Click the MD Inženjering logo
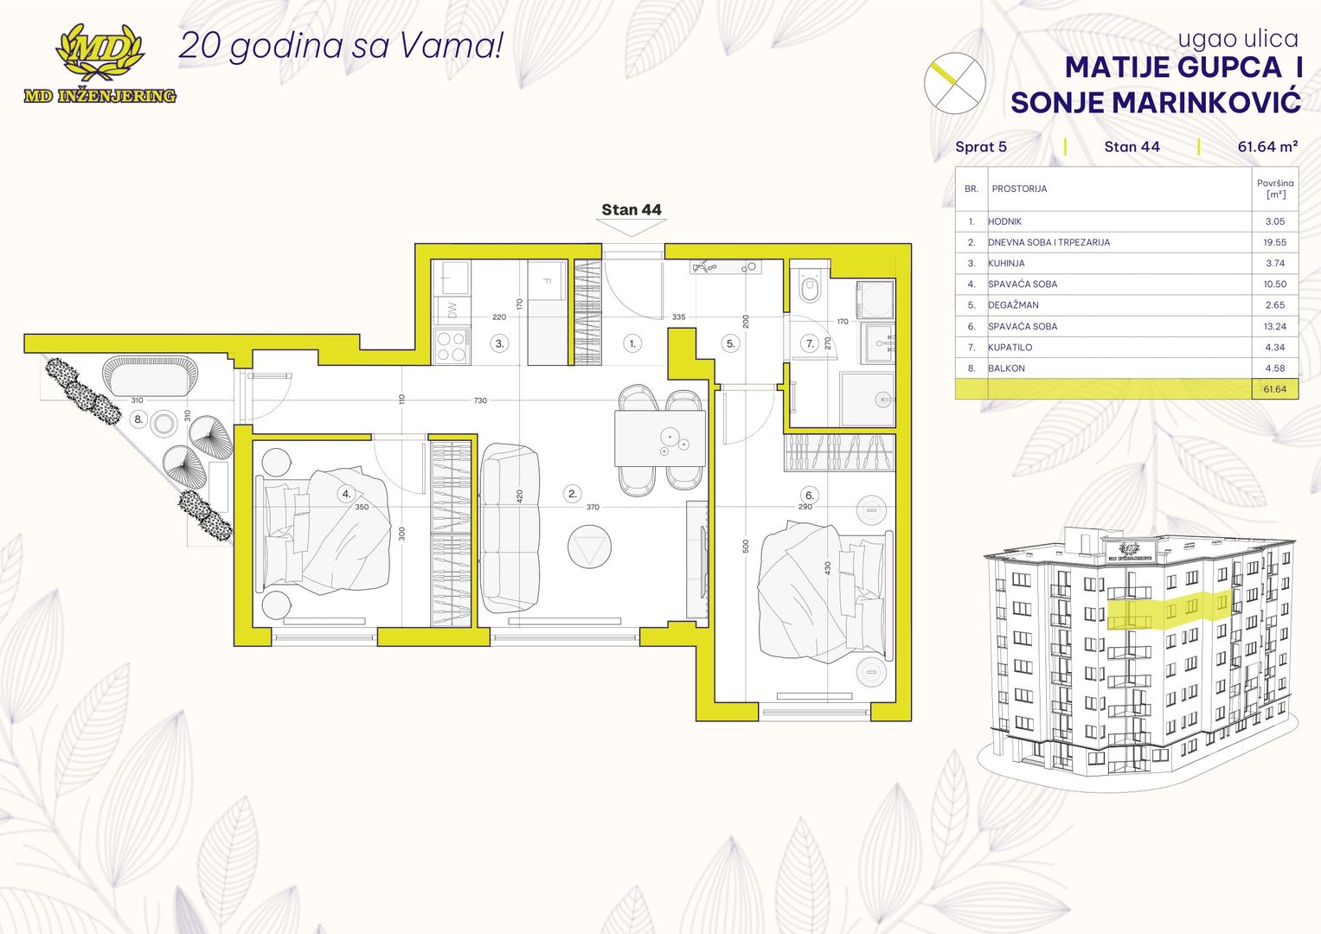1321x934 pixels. [x=99, y=64]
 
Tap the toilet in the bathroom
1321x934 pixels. [x=811, y=287]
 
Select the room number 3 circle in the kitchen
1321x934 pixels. [x=499, y=344]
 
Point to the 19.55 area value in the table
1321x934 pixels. [x=1275, y=242]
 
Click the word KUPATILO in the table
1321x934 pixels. [x=1010, y=348]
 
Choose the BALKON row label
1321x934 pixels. [x=1007, y=368]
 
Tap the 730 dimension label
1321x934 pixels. [x=481, y=400]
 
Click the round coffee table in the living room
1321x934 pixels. [x=589, y=547]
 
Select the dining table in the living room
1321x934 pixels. [x=660, y=438]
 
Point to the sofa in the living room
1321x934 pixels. [x=510, y=528]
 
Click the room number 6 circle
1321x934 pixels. [x=810, y=496]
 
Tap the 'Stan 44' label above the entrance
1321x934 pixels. [x=631, y=209]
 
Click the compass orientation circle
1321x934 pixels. [x=955, y=83]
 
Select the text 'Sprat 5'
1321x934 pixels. [x=981, y=147]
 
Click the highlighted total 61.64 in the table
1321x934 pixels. [x=1275, y=389]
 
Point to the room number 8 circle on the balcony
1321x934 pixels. [x=138, y=419]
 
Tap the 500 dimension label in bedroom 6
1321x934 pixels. [x=746, y=546]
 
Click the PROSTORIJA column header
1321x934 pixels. [x=1019, y=189]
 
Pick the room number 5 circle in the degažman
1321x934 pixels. [x=731, y=344]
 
